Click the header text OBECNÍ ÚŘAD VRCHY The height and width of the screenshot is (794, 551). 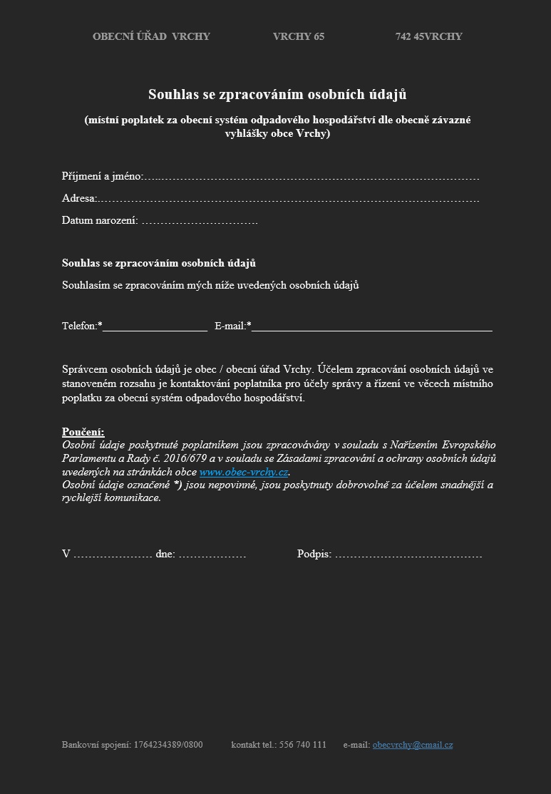click(151, 36)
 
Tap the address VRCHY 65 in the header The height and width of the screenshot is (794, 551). click(298, 36)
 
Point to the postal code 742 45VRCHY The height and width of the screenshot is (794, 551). click(428, 36)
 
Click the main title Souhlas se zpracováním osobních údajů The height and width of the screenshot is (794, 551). click(277, 94)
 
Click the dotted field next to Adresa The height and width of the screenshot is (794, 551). click(288, 199)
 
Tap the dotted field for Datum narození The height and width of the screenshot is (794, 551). click(199, 221)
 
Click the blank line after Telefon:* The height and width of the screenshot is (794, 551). click(155, 327)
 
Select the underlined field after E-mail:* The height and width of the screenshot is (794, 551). click(371, 327)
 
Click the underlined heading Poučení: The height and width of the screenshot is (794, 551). click(83, 432)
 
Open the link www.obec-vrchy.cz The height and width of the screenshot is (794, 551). click(244, 472)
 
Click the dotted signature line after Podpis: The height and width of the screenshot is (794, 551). click(408, 554)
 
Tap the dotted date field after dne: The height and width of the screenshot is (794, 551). click(212, 554)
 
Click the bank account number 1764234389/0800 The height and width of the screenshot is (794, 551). click(168, 745)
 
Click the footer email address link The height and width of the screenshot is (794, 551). click(412, 745)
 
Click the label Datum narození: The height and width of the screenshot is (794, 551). click(100, 220)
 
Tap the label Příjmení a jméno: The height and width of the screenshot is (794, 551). click(103, 176)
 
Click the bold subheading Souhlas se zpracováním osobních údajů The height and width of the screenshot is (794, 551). click(159, 263)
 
